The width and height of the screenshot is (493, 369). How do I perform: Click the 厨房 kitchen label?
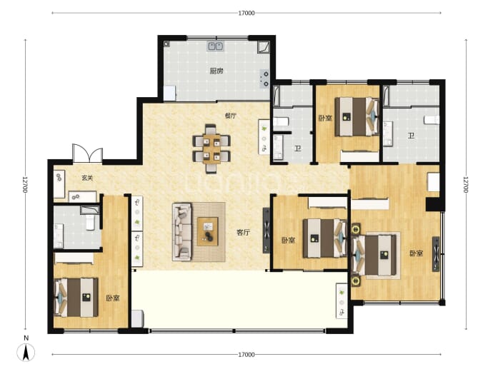pos(216,71)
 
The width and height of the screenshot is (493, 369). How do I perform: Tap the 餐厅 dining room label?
pos(231,116)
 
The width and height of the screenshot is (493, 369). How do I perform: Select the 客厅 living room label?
pos(243,233)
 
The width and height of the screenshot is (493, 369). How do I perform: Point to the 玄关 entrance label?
pos(87,178)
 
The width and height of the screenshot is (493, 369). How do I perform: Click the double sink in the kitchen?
pos(215,46)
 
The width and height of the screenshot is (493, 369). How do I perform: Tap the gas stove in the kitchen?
pos(265,79)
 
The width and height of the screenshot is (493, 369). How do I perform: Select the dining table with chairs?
pos(211,148)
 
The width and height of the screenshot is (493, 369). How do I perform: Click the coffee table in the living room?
pos(207,231)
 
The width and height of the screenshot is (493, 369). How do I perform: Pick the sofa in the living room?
pos(182,232)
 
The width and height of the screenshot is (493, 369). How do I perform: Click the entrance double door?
pos(87,153)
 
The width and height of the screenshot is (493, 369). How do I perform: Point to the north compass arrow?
pos(26,353)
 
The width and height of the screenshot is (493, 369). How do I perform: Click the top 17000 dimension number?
pos(246,13)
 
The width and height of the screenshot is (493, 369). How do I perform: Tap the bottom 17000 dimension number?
pos(246,355)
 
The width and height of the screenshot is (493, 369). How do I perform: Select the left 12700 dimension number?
pos(26,185)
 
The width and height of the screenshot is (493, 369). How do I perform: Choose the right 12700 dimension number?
pos(466,185)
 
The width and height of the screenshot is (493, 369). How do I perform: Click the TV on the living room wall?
pos(267,231)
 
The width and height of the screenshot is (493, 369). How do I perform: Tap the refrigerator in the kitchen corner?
pos(170,93)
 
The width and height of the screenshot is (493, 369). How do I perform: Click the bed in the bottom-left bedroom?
pos(76,297)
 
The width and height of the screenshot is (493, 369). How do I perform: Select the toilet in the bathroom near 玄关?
pos(90,222)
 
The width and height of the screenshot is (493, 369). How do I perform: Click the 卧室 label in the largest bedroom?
pos(416,253)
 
